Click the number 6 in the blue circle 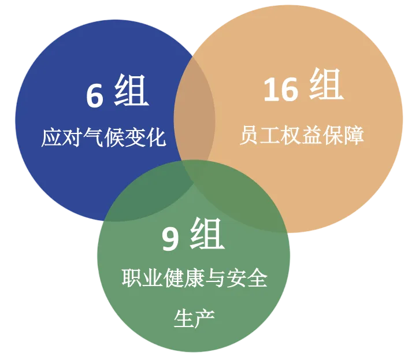[x=95, y=95]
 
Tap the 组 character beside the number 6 [x=131, y=92]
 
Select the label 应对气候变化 [x=103, y=138]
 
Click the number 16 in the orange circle [x=281, y=90]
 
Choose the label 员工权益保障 [x=302, y=136]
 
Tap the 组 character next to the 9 [x=206, y=235]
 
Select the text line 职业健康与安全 [x=195, y=279]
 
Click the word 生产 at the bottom [x=195, y=318]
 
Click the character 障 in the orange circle [x=354, y=136]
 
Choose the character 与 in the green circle [x=216, y=279]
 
